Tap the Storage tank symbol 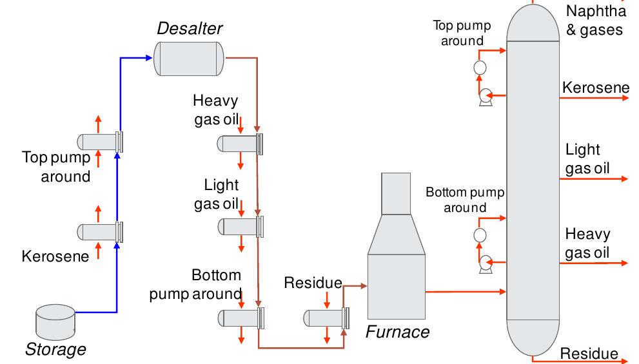(x=55, y=321)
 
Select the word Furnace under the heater (x=397, y=332)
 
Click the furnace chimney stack (x=397, y=193)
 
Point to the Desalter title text (x=190, y=29)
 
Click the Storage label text (x=55, y=350)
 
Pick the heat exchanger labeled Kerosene (x=99, y=231)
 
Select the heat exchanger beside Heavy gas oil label (x=240, y=144)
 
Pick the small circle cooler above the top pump (x=479, y=68)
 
